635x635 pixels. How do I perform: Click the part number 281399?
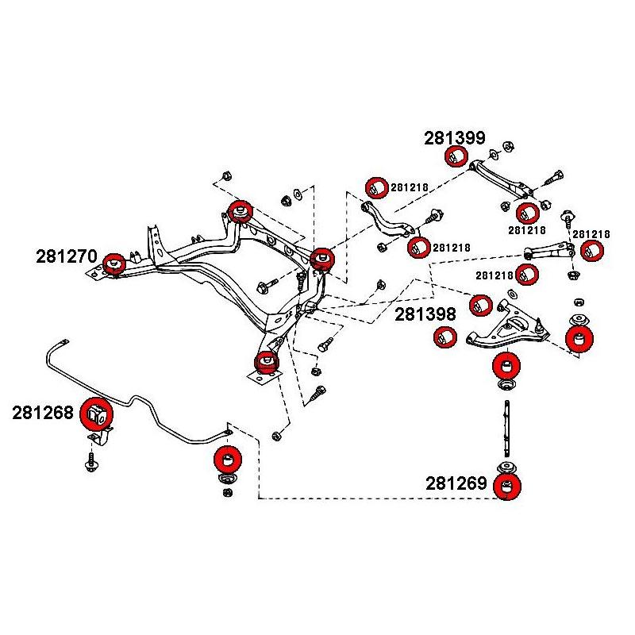[454, 138]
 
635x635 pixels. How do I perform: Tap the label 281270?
[67, 256]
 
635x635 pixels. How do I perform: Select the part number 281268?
[43, 413]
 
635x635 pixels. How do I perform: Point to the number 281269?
[456, 483]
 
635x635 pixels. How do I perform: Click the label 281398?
[425, 314]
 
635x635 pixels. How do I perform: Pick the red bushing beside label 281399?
[456, 156]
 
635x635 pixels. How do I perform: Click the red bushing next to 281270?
[114, 264]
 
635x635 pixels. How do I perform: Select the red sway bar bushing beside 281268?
[96, 413]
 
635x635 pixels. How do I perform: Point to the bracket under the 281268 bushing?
[101, 437]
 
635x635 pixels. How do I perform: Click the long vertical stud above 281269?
[507, 429]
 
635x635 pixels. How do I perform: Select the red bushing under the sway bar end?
[228, 460]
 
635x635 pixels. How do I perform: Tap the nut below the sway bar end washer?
[228, 492]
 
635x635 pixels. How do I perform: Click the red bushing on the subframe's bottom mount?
[266, 362]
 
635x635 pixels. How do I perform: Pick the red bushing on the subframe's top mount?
[241, 211]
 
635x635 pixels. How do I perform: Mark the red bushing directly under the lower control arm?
[506, 367]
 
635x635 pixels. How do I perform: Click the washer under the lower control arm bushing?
[506, 384]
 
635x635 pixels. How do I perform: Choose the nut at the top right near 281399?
[508, 146]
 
